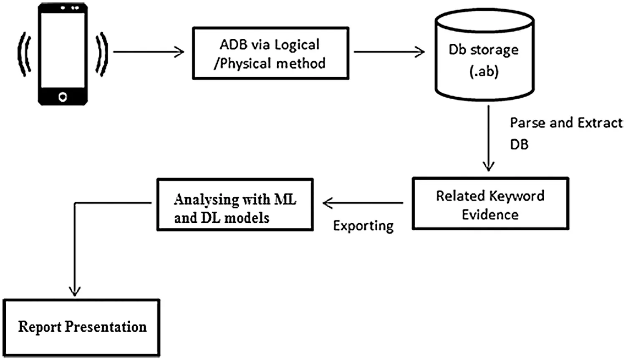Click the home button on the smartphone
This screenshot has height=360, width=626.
click(63, 97)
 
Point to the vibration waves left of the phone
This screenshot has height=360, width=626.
click(24, 54)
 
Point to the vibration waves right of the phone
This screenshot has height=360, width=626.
click(101, 54)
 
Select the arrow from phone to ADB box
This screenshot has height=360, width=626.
click(148, 52)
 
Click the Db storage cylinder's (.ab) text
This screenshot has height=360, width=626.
click(484, 71)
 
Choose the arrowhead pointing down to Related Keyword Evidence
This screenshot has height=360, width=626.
click(488, 166)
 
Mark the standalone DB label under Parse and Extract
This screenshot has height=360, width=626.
click(519, 144)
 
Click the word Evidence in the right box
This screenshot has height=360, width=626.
click(490, 214)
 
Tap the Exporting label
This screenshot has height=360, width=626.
click(363, 226)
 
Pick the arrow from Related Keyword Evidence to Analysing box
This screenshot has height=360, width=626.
click(363, 203)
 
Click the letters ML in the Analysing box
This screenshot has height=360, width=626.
click(285, 199)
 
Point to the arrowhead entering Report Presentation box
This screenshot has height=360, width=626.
click(75, 292)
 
